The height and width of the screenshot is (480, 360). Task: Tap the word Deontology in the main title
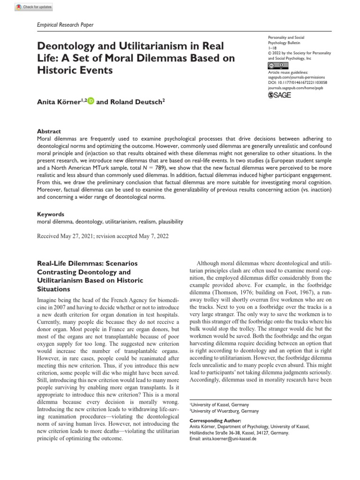(x=64, y=47)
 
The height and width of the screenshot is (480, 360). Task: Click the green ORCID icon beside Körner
(x=91, y=100)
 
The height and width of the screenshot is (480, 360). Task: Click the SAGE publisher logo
(x=278, y=95)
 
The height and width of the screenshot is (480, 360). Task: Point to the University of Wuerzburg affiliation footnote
(x=219, y=411)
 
